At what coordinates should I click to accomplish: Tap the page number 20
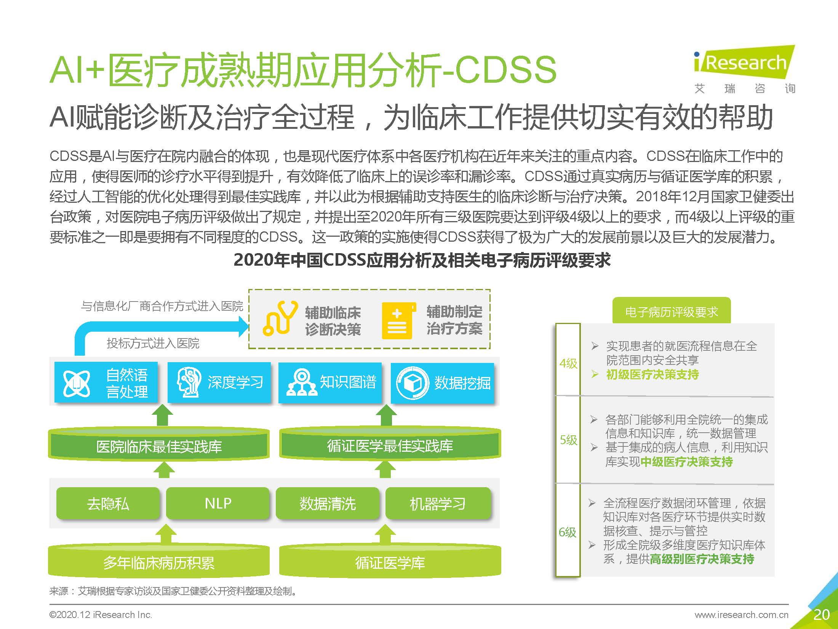coord(821,615)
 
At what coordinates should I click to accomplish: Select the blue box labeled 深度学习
coord(219,382)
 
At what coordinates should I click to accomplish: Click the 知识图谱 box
coord(329,382)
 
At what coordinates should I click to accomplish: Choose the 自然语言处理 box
coord(106,382)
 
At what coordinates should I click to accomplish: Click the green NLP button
coord(218,503)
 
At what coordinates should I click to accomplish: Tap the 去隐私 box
coord(108,503)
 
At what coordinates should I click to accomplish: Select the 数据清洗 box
coord(328,503)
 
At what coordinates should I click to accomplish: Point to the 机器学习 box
coord(438,503)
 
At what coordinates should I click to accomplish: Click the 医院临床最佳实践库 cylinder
coord(159,445)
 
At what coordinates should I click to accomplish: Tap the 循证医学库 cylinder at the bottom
coord(390,562)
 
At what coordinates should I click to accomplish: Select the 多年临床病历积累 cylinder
coord(159,562)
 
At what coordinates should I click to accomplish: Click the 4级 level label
coord(568,363)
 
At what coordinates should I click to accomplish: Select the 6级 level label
coord(568,532)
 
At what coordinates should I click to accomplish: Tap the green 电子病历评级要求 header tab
coord(671,311)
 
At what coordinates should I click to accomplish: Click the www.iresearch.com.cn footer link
coord(741,615)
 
